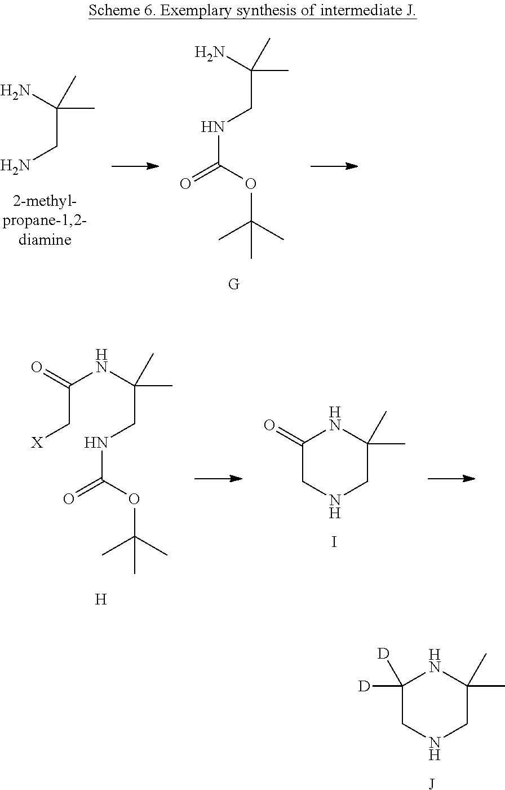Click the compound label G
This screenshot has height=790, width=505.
(234, 284)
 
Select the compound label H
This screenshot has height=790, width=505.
(101, 599)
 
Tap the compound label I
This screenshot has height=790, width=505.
(334, 542)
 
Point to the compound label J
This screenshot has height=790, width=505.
(432, 783)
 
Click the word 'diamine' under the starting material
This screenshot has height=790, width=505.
(45, 240)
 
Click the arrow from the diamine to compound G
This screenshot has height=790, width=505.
(135, 166)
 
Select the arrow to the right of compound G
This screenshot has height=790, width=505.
(334, 166)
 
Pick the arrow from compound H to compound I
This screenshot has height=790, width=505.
(218, 479)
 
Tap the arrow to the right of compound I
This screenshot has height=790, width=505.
(451, 479)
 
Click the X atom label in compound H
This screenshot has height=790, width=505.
(37, 443)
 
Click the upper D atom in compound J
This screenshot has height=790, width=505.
(383, 654)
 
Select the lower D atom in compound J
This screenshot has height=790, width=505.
(365, 686)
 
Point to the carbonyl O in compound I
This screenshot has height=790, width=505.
(269, 425)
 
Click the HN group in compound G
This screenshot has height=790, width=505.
(213, 127)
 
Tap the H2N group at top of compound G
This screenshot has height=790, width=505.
(209, 53)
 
